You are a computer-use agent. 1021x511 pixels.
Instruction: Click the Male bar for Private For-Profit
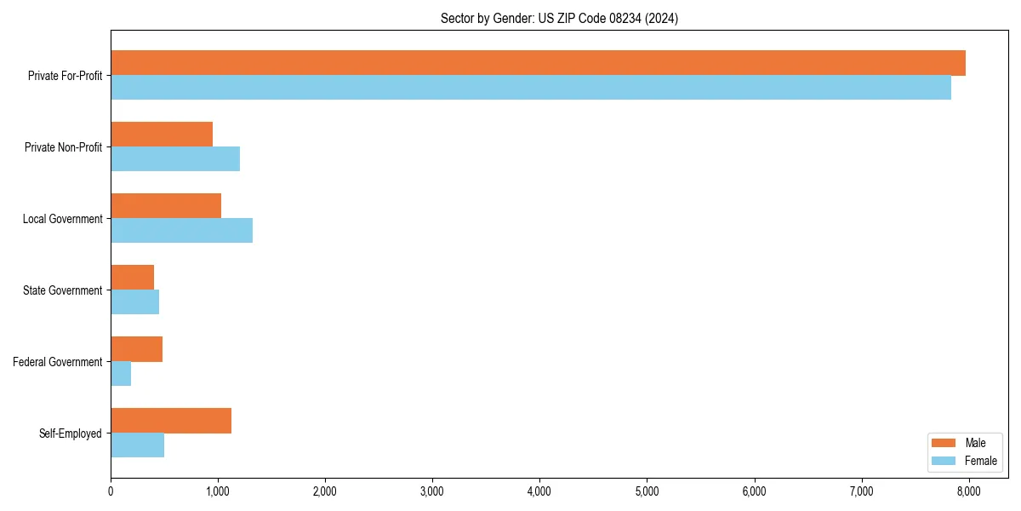click(x=538, y=63)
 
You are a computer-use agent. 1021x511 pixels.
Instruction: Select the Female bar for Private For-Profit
click(x=531, y=88)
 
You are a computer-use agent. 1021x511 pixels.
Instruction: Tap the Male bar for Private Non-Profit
click(x=162, y=135)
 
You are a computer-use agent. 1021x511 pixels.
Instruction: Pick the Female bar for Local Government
click(x=181, y=231)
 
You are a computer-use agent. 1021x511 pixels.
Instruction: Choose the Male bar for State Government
click(x=133, y=278)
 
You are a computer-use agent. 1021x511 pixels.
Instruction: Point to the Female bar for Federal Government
click(x=121, y=374)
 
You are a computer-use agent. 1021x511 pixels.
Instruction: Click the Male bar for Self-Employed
click(x=171, y=421)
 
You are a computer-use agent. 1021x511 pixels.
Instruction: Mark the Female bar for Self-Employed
click(x=137, y=445)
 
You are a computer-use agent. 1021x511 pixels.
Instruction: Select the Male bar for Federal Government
click(x=136, y=349)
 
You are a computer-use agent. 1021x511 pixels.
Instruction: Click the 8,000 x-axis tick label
click(x=969, y=491)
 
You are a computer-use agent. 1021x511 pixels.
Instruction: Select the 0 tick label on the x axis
click(x=111, y=491)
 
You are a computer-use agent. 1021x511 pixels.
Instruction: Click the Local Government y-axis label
click(x=62, y=219)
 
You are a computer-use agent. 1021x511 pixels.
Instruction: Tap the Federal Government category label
click(x=57, y=362)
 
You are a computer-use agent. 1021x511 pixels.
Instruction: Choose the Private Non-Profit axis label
click(x=63, y=147)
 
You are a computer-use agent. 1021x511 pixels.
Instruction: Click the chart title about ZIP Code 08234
click(x=559, y=18)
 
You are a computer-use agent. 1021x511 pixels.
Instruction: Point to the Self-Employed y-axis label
click(x=70, y=433)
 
